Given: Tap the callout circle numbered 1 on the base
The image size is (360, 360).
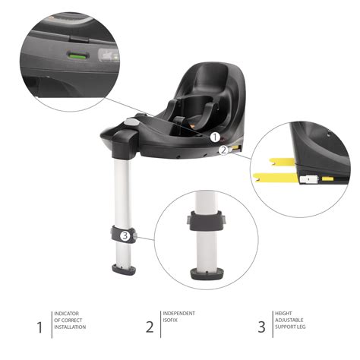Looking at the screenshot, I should (x=215, y=137).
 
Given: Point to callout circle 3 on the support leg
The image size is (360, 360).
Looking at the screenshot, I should (x=125, y=235).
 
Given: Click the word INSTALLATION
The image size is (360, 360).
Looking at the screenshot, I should (x=71, y=327).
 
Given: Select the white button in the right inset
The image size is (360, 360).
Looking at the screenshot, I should (x=310, y=180).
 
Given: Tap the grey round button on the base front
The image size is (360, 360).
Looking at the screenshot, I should (x=131, y=122).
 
